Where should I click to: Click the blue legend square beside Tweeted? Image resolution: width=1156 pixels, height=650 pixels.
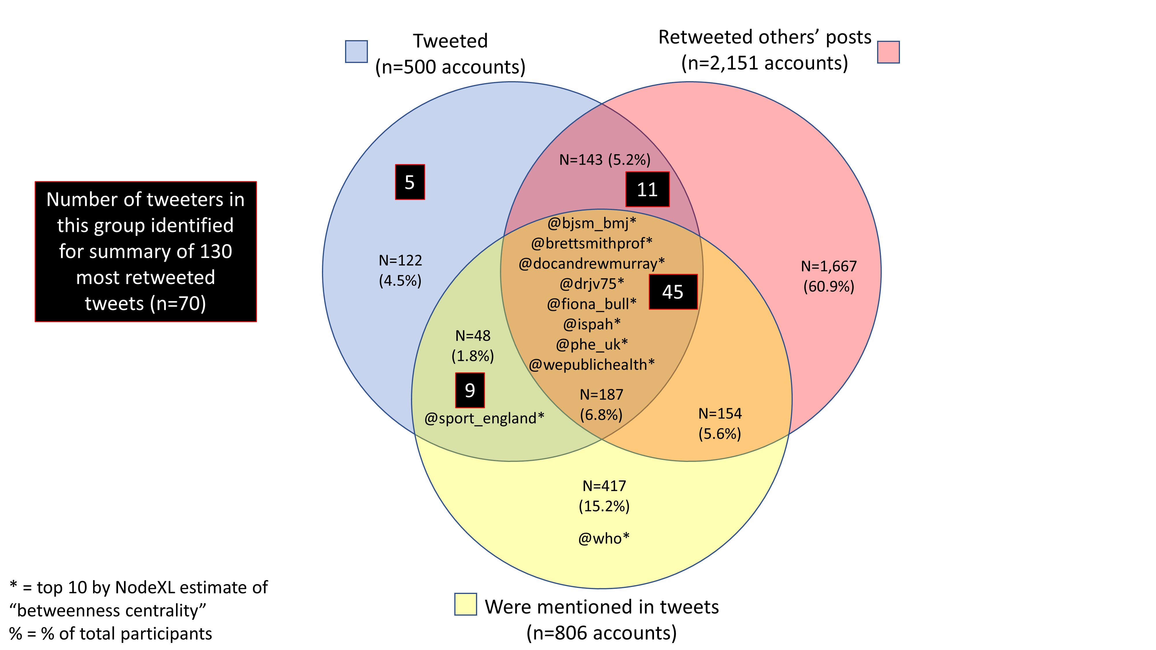(x=356, y=52)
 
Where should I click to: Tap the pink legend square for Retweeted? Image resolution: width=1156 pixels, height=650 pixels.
(x=888, y=52)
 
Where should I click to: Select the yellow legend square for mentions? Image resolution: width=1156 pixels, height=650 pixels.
(x=465, y=604)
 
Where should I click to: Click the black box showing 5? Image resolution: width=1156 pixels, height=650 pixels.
(x=410, y=182)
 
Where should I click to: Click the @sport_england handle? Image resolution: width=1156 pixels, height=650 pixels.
(x=484, y=418)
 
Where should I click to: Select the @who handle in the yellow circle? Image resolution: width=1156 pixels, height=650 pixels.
(x=604, y=538)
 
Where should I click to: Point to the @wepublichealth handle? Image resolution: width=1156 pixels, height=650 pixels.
(x=592, y=364)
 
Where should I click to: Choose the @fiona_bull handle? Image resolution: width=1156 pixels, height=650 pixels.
(x=592, y=304)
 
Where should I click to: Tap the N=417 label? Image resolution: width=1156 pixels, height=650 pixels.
(x=604, y=486)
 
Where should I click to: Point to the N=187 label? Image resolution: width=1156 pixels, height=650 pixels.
(x=601, y=395)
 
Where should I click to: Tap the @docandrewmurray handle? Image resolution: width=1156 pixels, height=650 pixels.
(x=592, y=263)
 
